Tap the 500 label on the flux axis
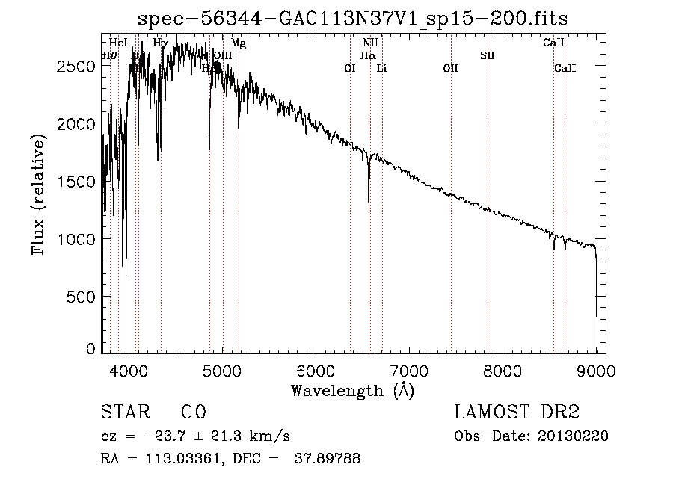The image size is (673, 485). pyautogui.click(x=82, y=297)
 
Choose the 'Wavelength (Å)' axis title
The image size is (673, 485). pyautogui.click(x=352, y=390)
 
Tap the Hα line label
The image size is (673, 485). pyautogui.click(x=367, y=55)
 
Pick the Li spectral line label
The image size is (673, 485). pyautogui.click(x=381, y=68)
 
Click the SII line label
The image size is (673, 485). pyautogui.click(x=488, y=55)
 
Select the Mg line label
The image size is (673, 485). pyautogui.click(x=239, y=43)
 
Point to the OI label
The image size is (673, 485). pyautogui.click(x=349, y=68)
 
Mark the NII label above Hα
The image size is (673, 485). pyautogui.click(x=370, y=43)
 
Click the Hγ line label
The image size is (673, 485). pyautogui.click(x=160, y=43)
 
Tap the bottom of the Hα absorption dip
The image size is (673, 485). pyautogui.click(x=369, y=202)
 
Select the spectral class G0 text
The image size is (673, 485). pyautogui.click(x=193, y=413)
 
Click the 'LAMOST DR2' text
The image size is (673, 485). pyautogui.click(x=517, y=413)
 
